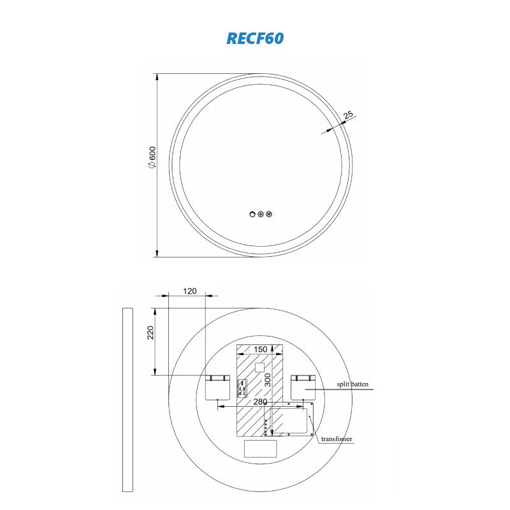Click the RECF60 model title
click(255, 38)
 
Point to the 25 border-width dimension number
click(348, 115)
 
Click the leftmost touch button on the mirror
click(252, 214)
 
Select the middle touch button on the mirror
click(261, 214)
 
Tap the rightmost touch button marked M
click(269, 214)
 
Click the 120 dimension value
click(190, 291)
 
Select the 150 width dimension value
click(261, 349)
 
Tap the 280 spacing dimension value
click(260, 402)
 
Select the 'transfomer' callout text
click(337, 439)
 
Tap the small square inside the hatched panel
click(259, 367)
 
